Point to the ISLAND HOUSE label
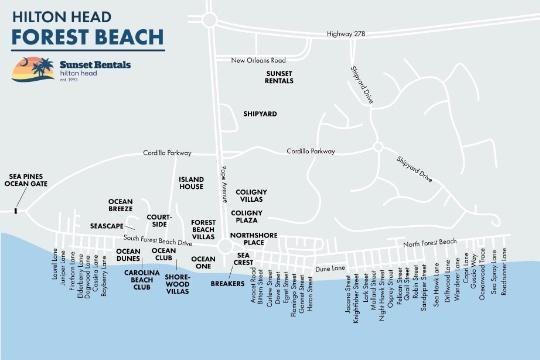pos(191,183)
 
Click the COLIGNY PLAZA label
pos(247,216)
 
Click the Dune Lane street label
pos(329,267)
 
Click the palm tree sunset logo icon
pos(27,71)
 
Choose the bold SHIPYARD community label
pos(260,115)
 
